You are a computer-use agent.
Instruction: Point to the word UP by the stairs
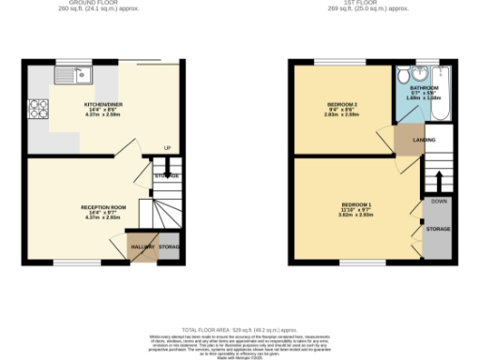tap(167, 148)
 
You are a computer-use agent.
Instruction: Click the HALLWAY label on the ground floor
tap(141, 247)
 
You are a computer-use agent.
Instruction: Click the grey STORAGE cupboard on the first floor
tap(437, 229)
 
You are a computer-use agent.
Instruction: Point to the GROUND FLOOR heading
tap(102, 3)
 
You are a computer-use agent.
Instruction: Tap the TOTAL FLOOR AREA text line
tap(238, 330)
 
